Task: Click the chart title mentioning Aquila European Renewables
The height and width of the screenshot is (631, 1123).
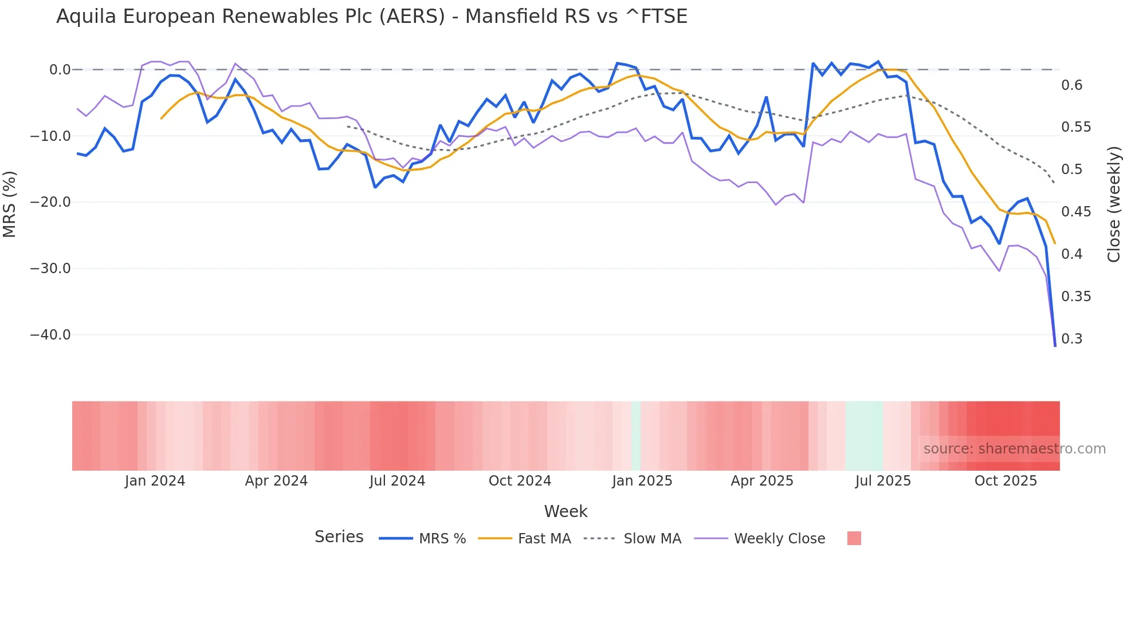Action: point(371,17)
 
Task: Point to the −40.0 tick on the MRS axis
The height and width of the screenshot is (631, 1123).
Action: point(50,335)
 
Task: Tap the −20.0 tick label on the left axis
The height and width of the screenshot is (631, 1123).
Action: point(50,202)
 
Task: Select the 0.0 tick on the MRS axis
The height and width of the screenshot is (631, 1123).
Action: point(60,70)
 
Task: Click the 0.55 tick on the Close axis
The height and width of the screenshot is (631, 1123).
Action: point(1076,127)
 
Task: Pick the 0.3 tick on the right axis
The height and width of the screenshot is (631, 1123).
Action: point(1072,339)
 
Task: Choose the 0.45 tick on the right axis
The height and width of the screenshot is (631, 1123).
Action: point(1076,212)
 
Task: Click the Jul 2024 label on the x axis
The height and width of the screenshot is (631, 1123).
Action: point(397,481)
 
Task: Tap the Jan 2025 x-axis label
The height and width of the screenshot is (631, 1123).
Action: point(642,481)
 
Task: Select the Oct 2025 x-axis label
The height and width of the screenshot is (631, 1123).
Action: point(1006,481)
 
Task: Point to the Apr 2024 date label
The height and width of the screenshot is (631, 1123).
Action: point(276,481)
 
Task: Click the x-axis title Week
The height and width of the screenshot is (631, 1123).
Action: point(566,511)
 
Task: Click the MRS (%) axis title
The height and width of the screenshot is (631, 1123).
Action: point(10,204)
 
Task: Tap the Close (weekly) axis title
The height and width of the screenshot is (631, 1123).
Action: point(1113,204)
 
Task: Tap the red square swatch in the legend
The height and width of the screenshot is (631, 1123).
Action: point(854,538)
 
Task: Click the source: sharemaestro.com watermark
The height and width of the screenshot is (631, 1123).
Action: point(1014,449)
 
